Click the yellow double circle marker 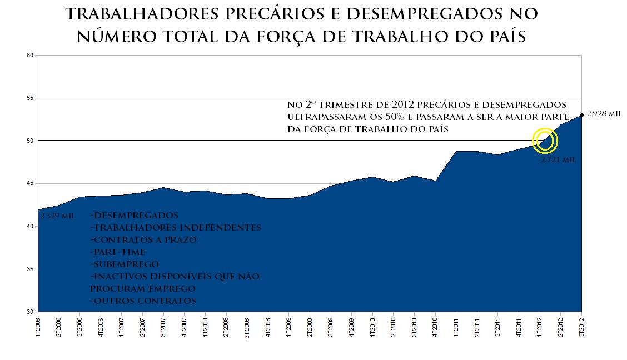tap(545, 141)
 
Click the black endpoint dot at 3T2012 tap(581, 115)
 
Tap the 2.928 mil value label tap(604, 113)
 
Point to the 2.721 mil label tap(558, 159)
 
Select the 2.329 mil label tap(57, 216)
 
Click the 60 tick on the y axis tap(30, 55)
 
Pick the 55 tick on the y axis tap(30, 98)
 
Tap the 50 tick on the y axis tap(30, 141)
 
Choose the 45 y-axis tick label tap(30, 183)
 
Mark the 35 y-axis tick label tap(30, 269)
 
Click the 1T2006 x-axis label tap(38, 328)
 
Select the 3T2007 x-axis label tap(163, 328)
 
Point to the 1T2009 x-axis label tap(288, 328)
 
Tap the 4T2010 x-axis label tap(435, 328)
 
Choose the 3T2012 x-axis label tap(581, 328)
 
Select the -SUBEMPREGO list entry tap(124, 264)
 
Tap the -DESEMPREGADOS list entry tap(134, 216)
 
